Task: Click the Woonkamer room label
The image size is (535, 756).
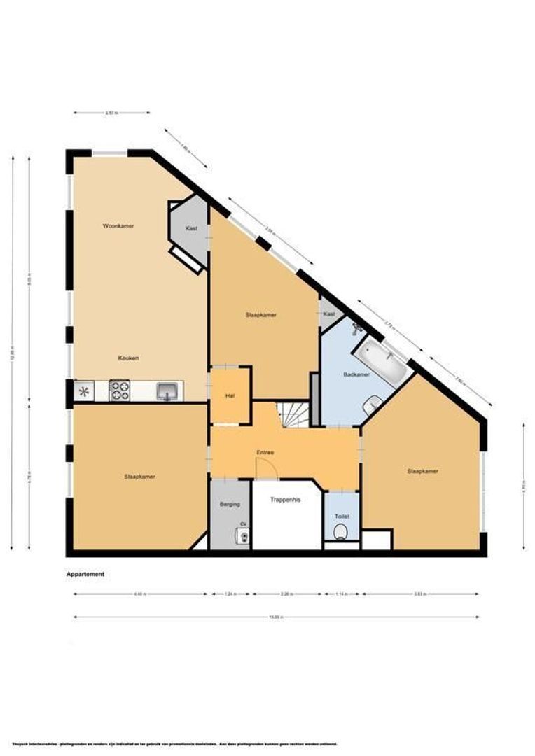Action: pos(118,226)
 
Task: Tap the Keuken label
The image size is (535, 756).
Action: pos(129,358)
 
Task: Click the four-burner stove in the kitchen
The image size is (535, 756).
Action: pos(120,391)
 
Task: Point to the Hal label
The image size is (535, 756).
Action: pos(229,396)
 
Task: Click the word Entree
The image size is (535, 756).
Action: pos(265,452)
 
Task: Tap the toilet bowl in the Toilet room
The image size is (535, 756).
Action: pos(341,533)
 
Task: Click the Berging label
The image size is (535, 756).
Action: pos(230,504)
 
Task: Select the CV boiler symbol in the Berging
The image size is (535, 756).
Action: pos(243,537)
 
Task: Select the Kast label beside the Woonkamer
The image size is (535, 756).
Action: pos(191,228)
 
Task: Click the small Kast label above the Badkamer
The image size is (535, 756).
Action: pos(329,315)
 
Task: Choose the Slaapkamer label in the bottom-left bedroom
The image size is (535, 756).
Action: pos(139,477)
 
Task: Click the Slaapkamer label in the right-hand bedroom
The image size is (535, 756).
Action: pos(422,471)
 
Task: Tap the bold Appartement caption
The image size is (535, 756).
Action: pos(85,574)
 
